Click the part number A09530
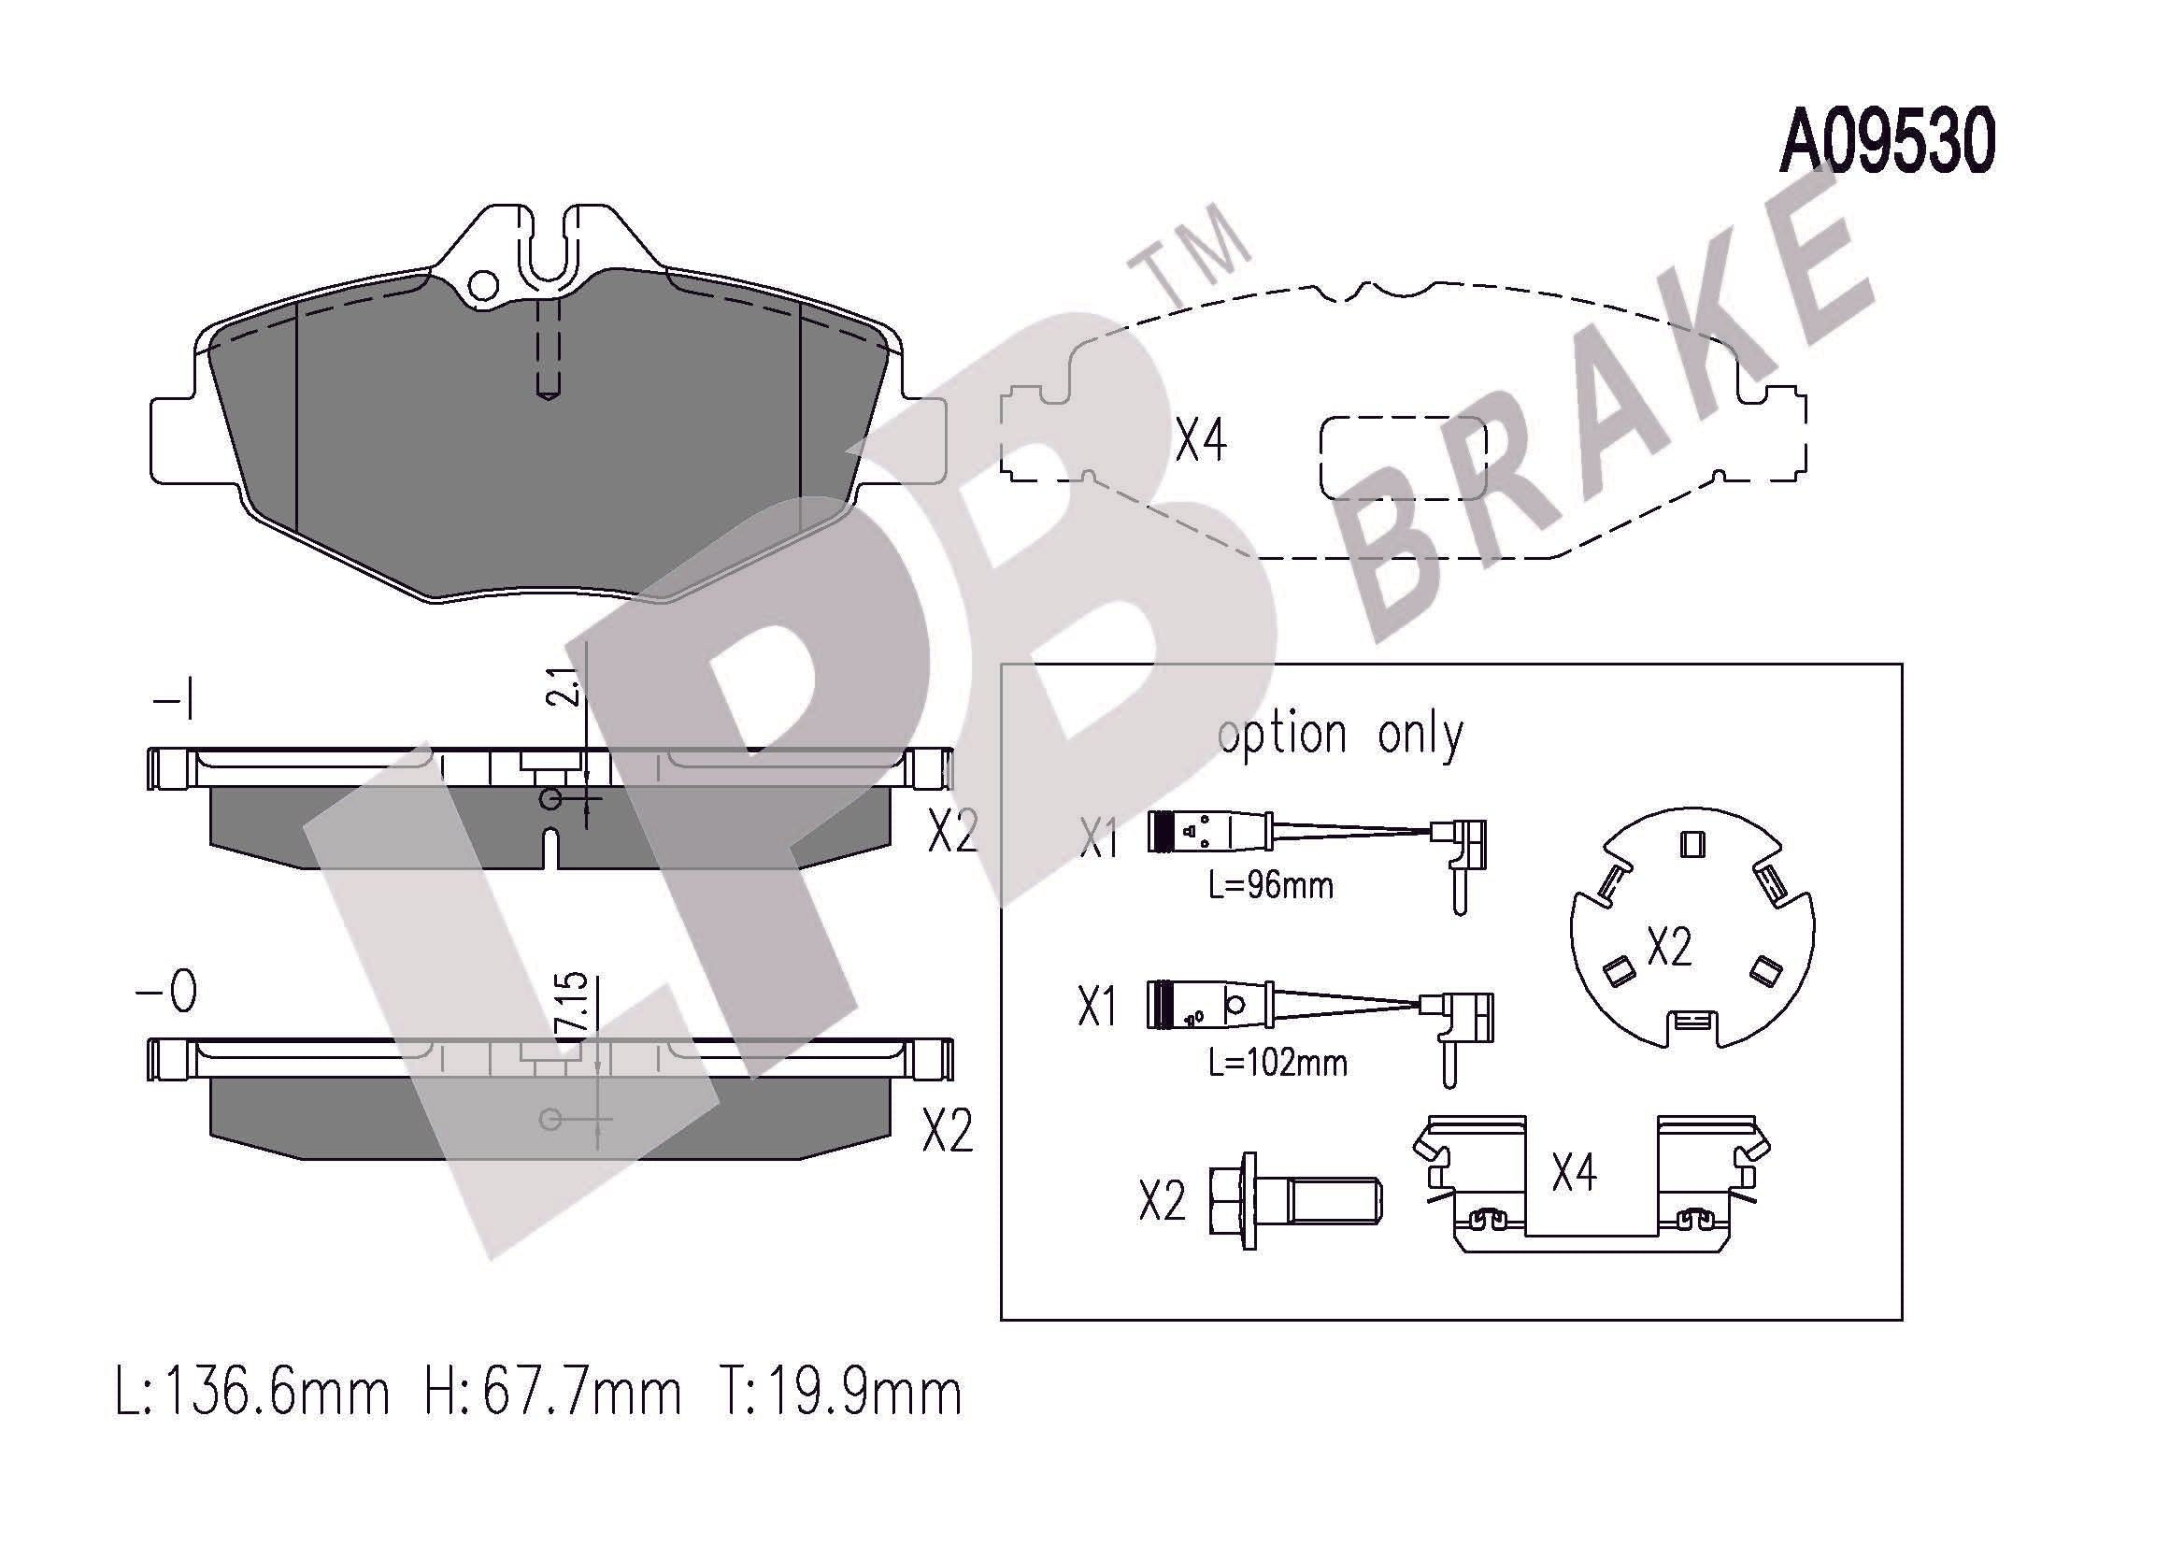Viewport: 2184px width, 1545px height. tap(1887, 144)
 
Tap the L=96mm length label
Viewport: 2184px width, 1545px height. tap(1271, 886)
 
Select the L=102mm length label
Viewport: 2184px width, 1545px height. tap(1278, 1063)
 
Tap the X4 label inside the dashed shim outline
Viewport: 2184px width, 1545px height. tap(1202, 440)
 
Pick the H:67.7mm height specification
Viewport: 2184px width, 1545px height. tap(552, 1395)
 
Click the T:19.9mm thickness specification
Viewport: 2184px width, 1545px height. tap(838, 1395)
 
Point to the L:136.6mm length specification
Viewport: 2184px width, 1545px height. tap(252, 1395)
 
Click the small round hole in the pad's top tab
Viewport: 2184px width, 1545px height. tap(485, 284)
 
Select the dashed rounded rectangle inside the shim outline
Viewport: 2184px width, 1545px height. tap(1403, 459)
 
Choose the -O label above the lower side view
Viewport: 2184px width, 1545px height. tap(166, 994)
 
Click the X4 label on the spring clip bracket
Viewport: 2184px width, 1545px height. tap(1575, 1173)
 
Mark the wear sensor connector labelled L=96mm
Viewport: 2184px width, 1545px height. tap(1319, 854)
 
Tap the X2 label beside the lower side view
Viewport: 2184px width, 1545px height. tap(948, 1131)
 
